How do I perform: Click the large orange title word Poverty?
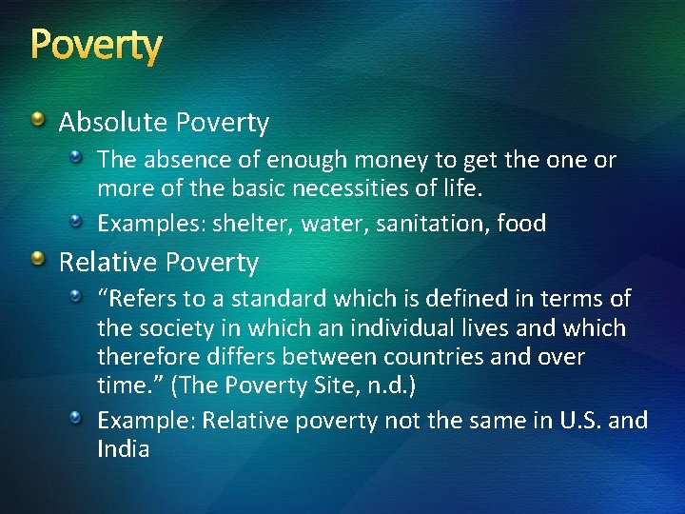coord(96,45)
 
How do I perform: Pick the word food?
coord(519,224)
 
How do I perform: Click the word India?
coord(124,448)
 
